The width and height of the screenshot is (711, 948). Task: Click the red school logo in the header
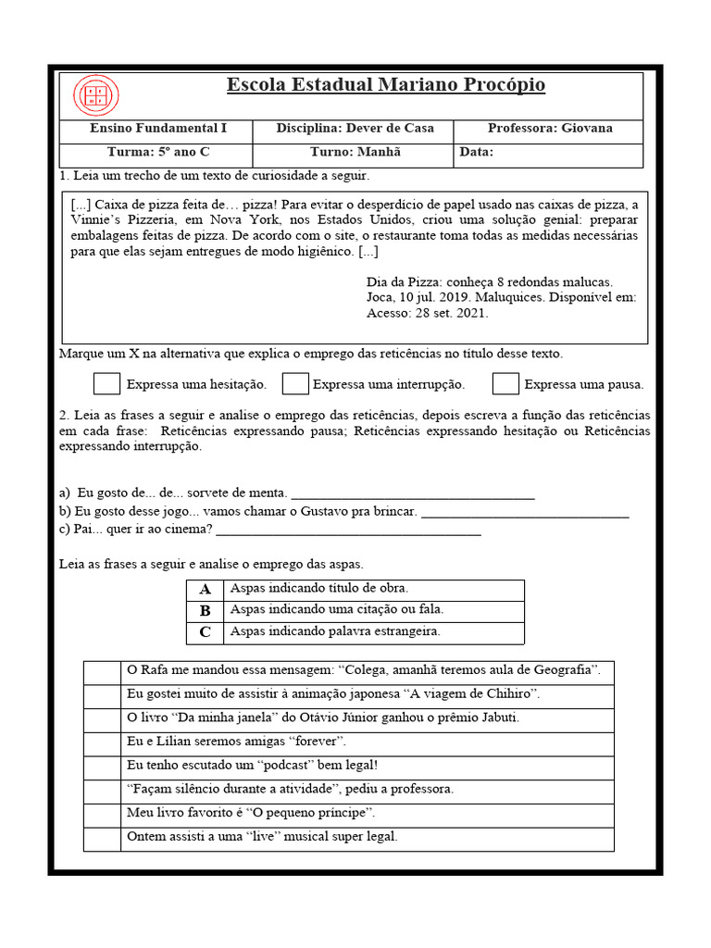(95, 96)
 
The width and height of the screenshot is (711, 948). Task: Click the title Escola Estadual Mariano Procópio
(386, 86)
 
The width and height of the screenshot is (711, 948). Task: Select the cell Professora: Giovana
(550, 129)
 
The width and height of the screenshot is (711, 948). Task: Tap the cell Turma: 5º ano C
(152, 153)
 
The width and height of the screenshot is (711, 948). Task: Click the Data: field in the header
(548, 153)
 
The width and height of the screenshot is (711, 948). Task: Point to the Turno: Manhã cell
(355, 153)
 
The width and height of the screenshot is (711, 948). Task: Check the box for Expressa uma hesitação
(107, 383)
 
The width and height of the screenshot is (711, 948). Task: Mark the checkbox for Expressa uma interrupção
(295, 383)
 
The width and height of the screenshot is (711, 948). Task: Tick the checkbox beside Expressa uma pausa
(505, 383)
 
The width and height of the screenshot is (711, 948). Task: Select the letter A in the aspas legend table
(206, 589)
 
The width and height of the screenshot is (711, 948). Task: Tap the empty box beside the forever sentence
(102, 742)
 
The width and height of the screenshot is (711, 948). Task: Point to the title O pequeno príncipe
(303, 814)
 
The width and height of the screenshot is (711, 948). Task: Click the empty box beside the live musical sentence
(102, 838)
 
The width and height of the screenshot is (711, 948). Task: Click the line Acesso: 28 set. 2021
(428, 313)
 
